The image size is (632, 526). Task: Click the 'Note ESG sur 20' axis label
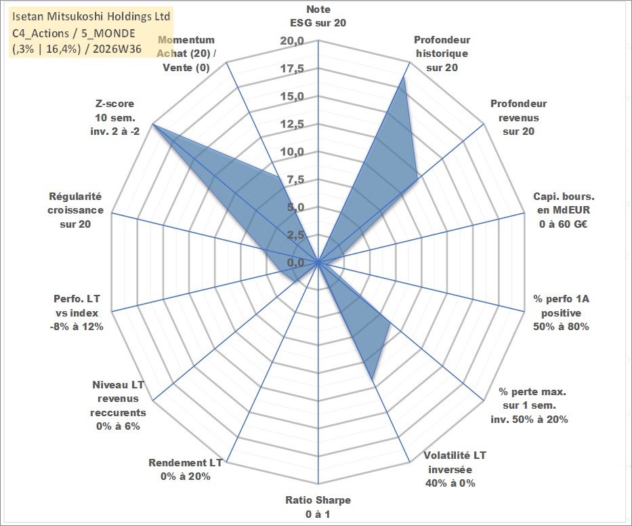(x=318, y=16)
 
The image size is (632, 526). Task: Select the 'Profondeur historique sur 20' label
(x=442, y=54)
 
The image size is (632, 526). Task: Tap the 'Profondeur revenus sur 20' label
(x=518, y=117)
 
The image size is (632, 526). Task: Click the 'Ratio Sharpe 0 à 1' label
(x=318, y=507)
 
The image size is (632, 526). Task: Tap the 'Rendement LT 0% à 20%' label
(x=186, y=470)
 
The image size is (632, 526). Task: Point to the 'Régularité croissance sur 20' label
(x=75, y=210)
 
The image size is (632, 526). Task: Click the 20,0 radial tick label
(x=292, y=41)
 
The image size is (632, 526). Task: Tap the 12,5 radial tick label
(x=292, y=124)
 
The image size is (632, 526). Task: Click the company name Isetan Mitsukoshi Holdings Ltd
(x=91, y=16)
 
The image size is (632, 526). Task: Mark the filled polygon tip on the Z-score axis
(x=152, y=124)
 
